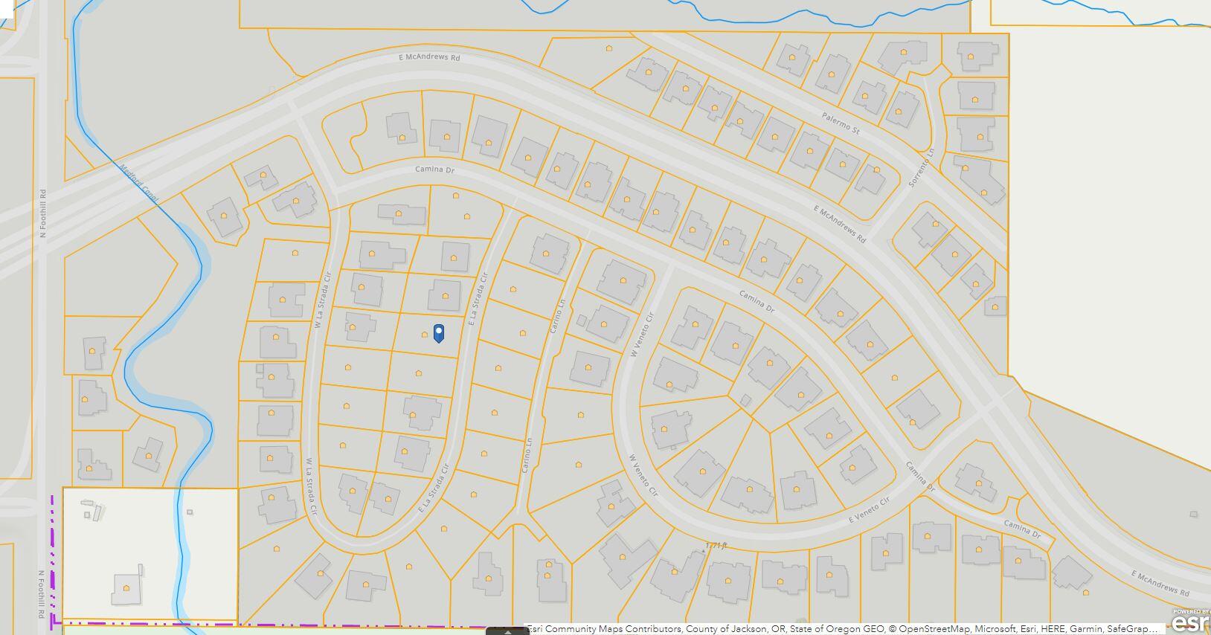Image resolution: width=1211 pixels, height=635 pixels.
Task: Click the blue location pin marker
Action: (439, 333)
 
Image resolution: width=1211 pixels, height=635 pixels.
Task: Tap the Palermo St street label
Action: (841, 123)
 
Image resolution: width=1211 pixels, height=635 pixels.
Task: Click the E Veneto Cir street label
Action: (869, 510)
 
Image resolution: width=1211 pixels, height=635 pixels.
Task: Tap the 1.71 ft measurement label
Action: (715, 546)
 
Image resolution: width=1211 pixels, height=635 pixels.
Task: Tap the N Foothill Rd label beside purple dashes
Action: (41, 595)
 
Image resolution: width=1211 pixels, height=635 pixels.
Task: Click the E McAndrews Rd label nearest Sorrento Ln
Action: (840, 225)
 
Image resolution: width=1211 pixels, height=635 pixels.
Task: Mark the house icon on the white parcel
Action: (126, 588)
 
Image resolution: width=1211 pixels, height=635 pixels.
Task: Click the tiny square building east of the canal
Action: (190, 512)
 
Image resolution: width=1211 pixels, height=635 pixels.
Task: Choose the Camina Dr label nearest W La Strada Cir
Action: (434, 170)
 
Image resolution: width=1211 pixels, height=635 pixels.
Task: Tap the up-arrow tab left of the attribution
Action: (507, 631)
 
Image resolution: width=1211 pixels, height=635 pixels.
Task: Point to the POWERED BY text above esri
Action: (1190, 611)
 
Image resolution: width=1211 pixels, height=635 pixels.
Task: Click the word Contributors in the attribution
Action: (654, 629)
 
